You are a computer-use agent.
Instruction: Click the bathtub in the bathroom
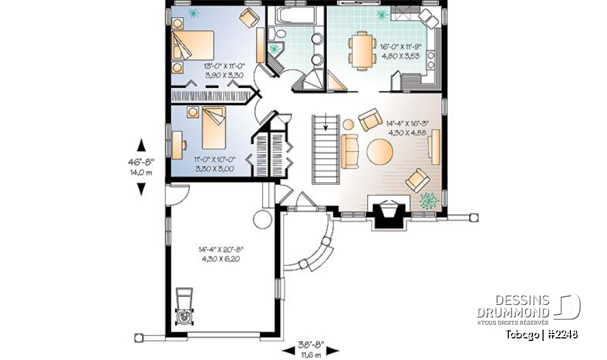294,16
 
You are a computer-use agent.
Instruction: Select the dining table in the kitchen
362,51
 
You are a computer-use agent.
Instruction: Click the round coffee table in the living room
380,152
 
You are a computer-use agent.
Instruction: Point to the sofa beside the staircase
349,151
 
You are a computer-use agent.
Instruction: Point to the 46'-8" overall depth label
141,166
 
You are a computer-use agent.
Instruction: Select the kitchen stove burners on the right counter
432,60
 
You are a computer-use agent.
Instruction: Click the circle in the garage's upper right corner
261,220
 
